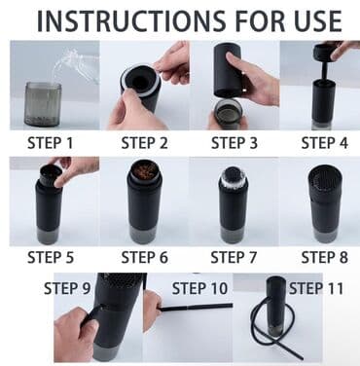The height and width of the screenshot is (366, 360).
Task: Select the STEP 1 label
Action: click(51, 143)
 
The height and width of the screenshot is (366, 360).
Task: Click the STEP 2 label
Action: click(145, 143)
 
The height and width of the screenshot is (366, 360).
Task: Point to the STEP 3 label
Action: click(234, 143)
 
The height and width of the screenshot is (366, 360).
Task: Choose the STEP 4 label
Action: click(325, 143)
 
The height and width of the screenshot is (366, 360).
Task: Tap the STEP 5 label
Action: click(51, 257)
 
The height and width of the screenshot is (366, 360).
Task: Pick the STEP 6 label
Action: click(145, 257)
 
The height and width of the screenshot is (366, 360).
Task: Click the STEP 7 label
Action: click(234, 257)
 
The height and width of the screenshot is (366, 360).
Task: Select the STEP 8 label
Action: click(325, 257)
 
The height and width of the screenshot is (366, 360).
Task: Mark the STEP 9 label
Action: click(67, 288)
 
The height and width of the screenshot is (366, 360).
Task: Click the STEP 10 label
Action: click(199, 288)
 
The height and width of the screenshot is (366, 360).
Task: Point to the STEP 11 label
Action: click(316, 288)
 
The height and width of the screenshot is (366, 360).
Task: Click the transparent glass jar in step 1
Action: click(43, 104)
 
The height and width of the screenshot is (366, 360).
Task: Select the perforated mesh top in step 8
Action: click(325, 178)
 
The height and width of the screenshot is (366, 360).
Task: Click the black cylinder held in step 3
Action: click(227, 70)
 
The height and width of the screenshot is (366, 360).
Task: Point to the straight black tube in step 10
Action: click(197, 307)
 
